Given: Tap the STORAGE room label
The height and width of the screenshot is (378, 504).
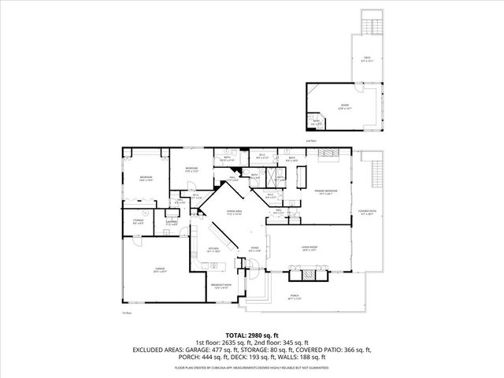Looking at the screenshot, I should pos(138,221).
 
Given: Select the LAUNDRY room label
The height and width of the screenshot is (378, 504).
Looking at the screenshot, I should pos(171,223).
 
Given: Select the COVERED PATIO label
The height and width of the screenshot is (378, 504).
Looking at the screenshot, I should pos(367,211).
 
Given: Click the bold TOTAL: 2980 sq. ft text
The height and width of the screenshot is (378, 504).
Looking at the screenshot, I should pos(251,335).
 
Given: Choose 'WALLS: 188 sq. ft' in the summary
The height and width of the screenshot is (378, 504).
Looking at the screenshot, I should pos(314,356).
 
